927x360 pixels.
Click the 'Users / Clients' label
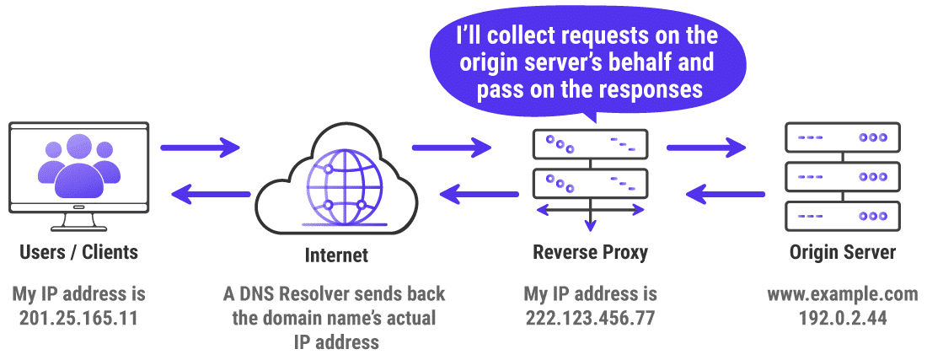pos(78,252)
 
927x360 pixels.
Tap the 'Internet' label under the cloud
pos(336,255)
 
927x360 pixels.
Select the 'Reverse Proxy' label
pos(590,252)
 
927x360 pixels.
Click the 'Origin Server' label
pos(842,252)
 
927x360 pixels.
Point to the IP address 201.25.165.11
pos(78,318)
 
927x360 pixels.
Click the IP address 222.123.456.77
pos(590,318)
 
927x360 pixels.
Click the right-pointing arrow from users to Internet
pos(201,148)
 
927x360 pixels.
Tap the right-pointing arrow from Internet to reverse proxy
pos(452,148)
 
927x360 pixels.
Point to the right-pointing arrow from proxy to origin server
pos(706,148)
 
